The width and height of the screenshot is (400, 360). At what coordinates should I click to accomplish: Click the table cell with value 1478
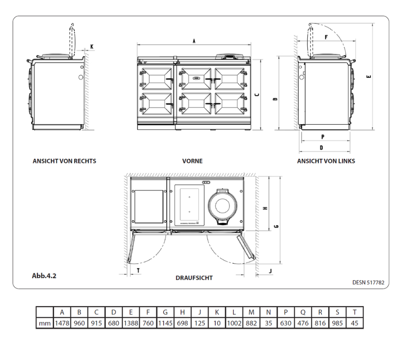pos(62,323)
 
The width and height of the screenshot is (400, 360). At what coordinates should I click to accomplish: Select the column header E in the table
pos(130,312)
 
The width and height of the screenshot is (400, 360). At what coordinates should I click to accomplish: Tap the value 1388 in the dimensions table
pos(130,323)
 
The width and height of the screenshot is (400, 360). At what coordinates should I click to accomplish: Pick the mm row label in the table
pos(45,323)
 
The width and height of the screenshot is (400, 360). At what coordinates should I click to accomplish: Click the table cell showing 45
pos(355,323)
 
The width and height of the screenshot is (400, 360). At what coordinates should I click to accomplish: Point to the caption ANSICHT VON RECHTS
pos(64,161)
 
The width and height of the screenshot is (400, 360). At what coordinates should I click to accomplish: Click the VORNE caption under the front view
pos(192,161)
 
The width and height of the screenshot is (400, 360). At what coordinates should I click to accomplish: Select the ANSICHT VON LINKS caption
pos(326,161)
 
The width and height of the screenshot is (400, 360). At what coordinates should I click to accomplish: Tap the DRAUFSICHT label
pos(194,278)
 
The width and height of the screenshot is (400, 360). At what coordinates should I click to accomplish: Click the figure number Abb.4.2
pos(44,276)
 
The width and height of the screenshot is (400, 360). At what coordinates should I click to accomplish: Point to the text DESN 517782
pos(369,282)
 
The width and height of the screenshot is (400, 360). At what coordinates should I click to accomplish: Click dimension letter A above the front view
pos(193,41)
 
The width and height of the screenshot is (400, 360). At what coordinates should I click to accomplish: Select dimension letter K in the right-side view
pos(92,46)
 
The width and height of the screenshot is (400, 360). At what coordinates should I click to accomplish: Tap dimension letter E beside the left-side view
pos(369,76)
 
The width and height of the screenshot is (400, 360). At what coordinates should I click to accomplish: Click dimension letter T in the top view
pos(138,270)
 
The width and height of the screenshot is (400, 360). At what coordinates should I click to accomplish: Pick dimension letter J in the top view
pos(270,270)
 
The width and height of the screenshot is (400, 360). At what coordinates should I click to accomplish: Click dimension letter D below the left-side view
pos(321,147)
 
